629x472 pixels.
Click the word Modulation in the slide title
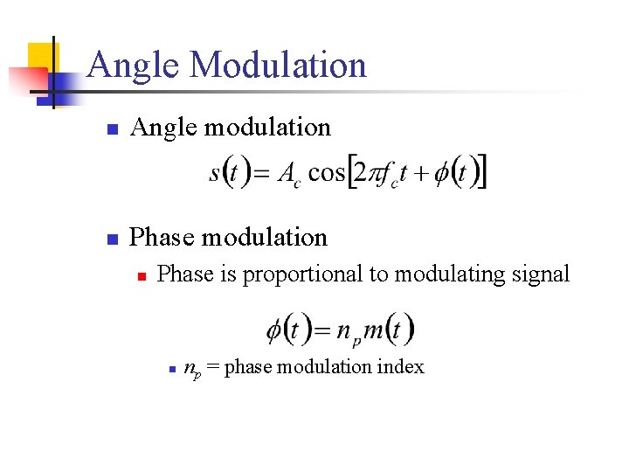[277, 66]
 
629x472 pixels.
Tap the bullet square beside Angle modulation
[111, 129]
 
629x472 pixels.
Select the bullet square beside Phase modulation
[111, 239]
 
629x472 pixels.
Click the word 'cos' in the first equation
[327, 172]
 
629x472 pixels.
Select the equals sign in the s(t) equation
[260, 173]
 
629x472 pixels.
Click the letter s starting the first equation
[215, 173]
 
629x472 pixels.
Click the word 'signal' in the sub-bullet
[543, 274]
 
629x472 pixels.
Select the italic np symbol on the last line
[192, 368]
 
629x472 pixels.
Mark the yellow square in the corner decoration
[40, 58]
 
